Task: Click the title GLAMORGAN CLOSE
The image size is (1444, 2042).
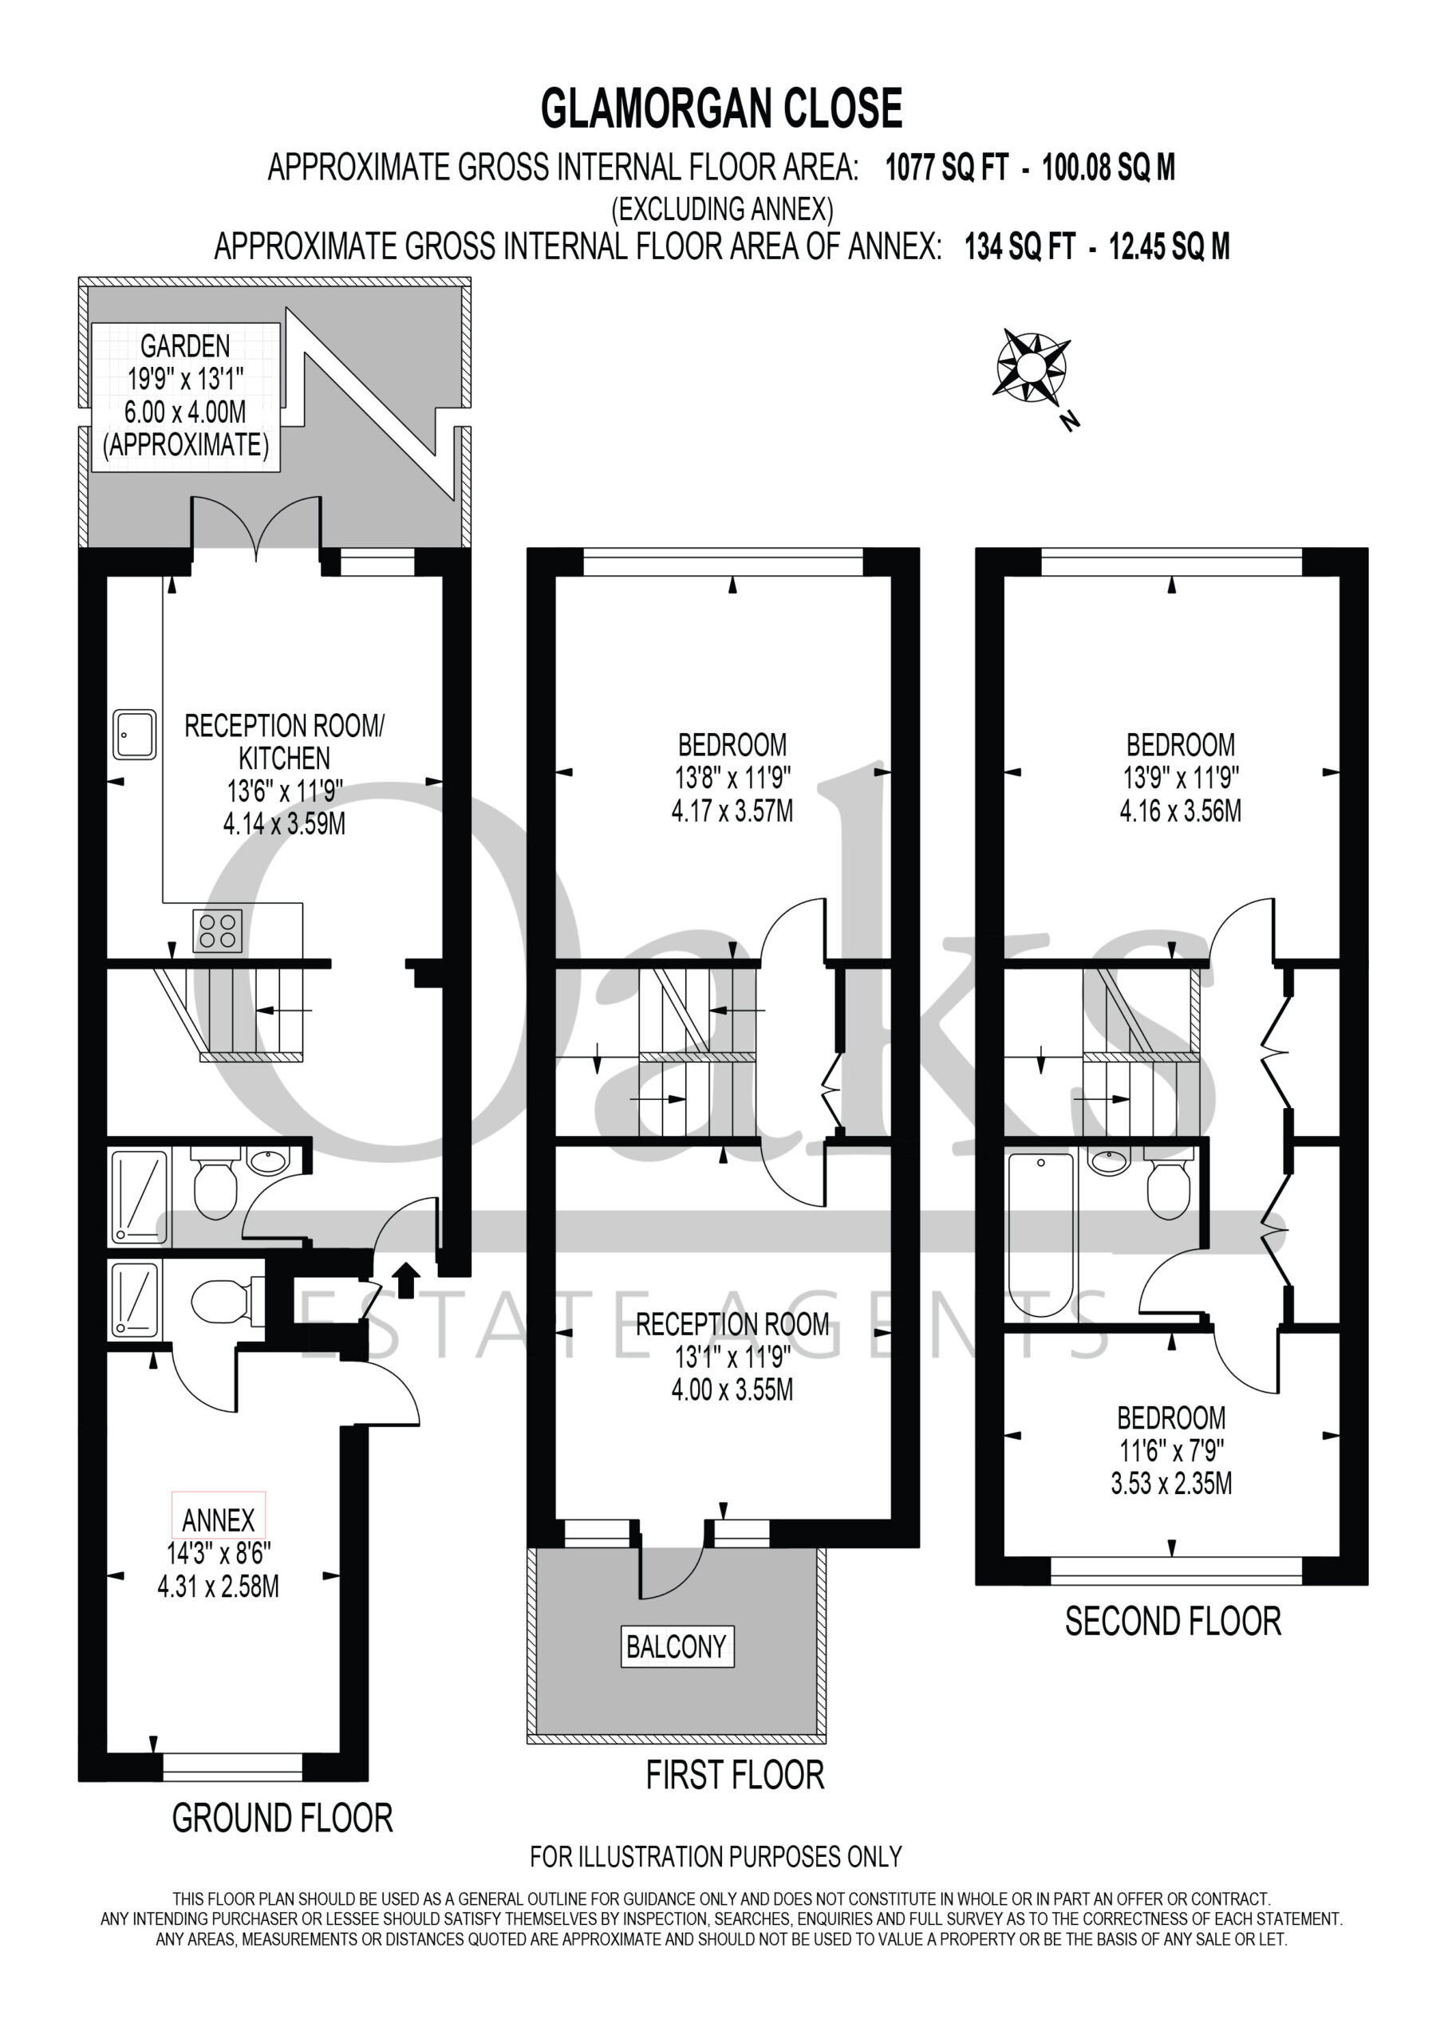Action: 721,108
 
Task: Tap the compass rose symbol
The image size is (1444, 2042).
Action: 1032,365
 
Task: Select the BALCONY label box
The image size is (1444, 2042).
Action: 677,1646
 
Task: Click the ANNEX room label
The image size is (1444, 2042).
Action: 218,1520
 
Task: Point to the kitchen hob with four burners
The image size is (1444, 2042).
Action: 218,930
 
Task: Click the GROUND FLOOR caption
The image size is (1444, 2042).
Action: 282,1819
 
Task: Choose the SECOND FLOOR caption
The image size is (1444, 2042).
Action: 1173,1622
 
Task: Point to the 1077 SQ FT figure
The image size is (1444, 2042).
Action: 947,168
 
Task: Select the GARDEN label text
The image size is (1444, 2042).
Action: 185,346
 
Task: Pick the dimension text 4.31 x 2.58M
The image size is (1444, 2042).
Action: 218,1587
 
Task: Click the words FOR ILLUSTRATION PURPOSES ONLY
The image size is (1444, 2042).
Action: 716,1857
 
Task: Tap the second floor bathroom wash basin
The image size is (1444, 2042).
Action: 1110,1161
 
